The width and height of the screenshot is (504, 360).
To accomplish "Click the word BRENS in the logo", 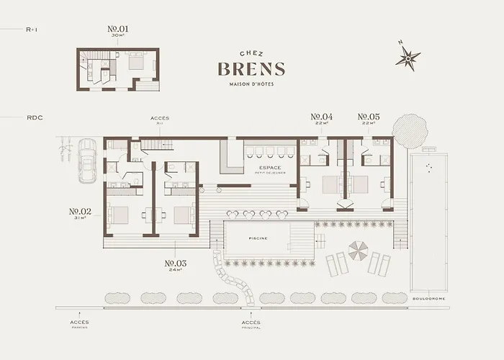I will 251,69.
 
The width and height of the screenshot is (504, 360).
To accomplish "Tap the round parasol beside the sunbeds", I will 357,252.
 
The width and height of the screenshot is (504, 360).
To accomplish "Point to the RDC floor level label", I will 35,116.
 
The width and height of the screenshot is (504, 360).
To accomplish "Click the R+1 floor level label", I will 32,30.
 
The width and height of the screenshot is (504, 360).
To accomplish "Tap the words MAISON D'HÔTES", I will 251,86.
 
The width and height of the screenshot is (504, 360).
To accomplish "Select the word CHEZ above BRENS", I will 251,53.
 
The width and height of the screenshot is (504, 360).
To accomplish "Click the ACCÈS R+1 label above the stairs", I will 160,120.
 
